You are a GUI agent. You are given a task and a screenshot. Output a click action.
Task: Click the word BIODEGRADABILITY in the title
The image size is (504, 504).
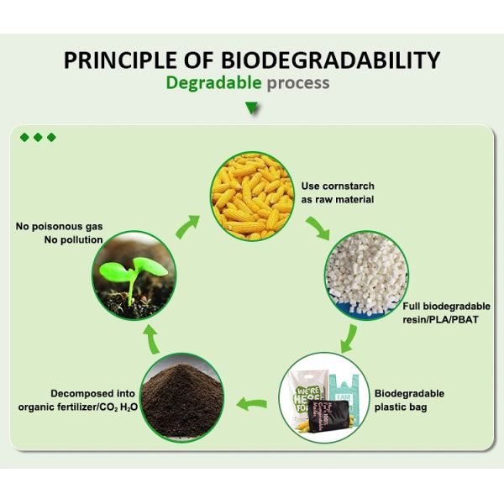[x=331, y=60]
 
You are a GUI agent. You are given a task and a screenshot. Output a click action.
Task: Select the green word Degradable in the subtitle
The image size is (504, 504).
[x=213, y=83]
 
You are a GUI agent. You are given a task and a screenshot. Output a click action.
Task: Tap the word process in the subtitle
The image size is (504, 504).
[x=298, y=83]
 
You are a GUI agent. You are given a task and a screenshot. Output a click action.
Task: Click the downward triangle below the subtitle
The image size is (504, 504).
[x=250, y=108]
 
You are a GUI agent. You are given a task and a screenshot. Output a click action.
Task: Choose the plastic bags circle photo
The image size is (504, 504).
[x=321, y=396]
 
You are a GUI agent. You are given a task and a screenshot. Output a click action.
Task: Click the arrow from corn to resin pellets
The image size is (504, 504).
[x=318, y=228]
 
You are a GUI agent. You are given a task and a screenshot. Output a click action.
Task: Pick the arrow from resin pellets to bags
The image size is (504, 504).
[x=350, y=340]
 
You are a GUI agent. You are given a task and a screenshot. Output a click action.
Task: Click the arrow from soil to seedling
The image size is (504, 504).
[x=151, y=337]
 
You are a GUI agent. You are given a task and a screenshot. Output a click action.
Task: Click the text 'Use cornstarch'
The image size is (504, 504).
[x=338, y=186]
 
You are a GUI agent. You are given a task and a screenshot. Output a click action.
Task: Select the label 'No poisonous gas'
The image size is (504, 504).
[x=60, y=226]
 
